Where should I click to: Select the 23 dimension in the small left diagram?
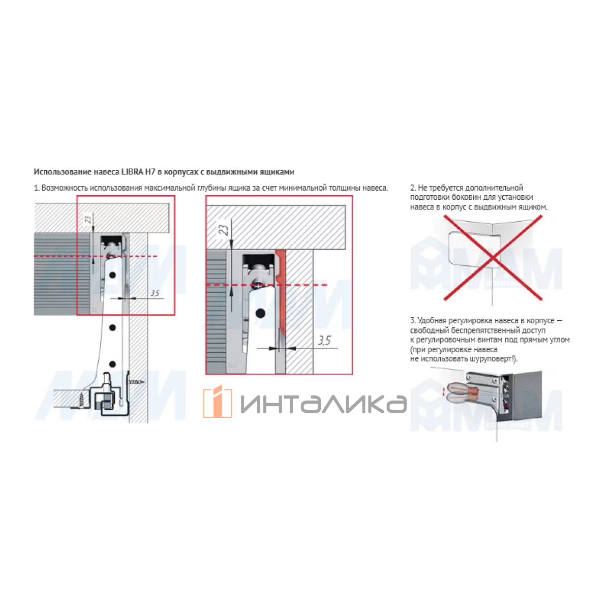point(88,219)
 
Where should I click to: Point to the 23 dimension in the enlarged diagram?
point(223,230)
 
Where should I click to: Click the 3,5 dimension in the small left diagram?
point(155,293)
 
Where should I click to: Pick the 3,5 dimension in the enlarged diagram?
point(324,341)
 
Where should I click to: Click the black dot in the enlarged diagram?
point(260,314)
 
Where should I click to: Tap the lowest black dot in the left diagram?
point(112,364)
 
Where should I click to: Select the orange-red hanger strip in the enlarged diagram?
point(281,291)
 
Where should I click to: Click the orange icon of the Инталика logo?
point(218,402)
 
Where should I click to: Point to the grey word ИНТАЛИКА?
point(323,404)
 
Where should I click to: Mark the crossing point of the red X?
point(493,258)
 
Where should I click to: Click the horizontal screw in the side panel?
point(136,382)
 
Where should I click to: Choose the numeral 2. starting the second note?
point(413,188)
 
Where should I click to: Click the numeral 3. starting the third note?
point(413,321)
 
